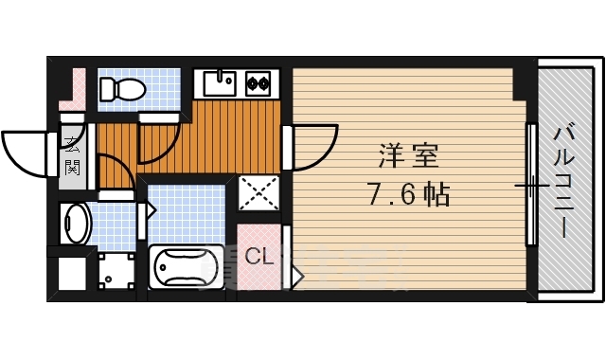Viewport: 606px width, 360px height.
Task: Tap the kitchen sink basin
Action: pyautogui.click(x=220, y=84)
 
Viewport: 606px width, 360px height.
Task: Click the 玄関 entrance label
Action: pyautogui.click(x=73, y=156)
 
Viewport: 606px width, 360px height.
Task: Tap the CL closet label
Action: pyautogui.click(x=258, y=255)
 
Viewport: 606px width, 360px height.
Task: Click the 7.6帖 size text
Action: pyautogui.click(x=408, y=195)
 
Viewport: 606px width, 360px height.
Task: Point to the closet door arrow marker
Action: pyautogui.click(x=296, y=276)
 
